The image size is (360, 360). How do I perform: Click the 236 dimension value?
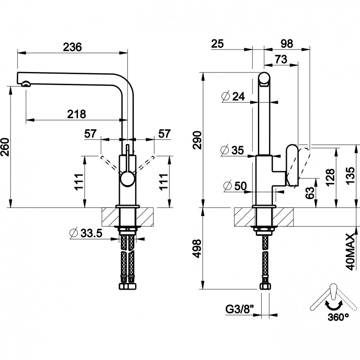(72, 47)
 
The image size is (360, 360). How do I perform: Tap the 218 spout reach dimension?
(76, 114)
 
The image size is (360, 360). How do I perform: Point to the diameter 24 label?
(233, 97)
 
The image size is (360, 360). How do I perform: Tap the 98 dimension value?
(287, 44)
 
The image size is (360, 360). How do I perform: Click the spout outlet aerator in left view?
(26, 84)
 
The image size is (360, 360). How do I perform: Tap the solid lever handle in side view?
(293, 166)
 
